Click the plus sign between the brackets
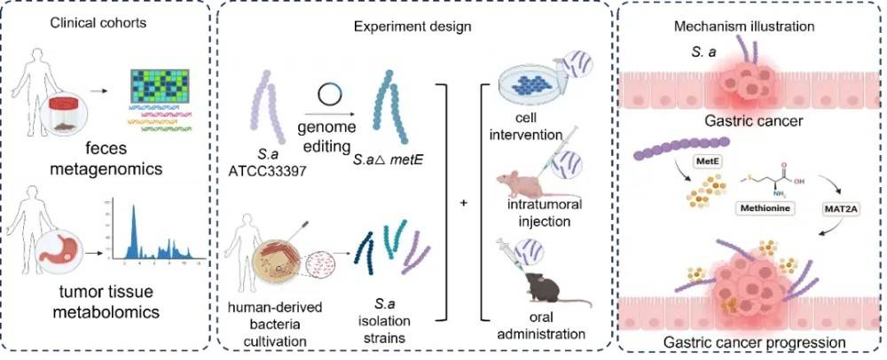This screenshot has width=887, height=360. [463, 203]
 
